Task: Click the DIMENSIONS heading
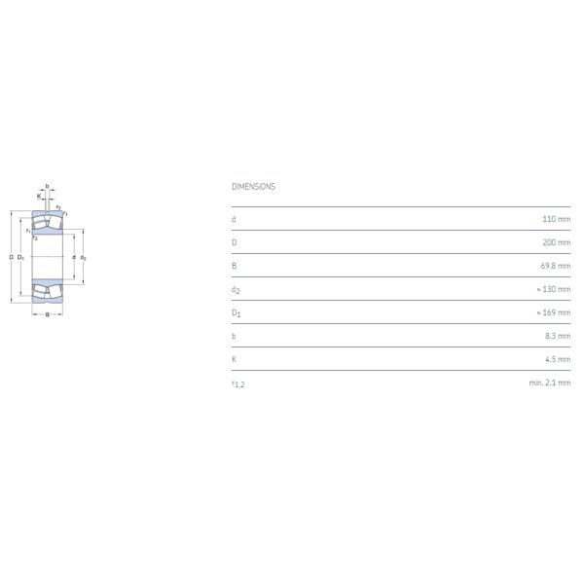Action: click(253, 186)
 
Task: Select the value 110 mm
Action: click(557, 219)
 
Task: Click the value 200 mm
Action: click(557, 242)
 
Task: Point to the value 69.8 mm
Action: click(555, 266)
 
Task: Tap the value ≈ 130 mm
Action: click(553, 289)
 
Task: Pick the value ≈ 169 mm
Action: click(553, 312)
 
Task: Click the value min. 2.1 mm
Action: click(550, 383)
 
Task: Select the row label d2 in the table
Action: click(235, 289)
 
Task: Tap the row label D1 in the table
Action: click(236, 312)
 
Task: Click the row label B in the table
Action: click(234, 266)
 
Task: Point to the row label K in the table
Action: click(234, 359)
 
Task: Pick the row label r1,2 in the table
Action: click(237, 383)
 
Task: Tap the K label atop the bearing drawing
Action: click(39, 196)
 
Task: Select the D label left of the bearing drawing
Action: click(11, 257)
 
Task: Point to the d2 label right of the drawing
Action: click(84, 258)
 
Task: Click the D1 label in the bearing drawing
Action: click(21, 257)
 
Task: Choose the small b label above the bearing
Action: click(47, 186)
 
